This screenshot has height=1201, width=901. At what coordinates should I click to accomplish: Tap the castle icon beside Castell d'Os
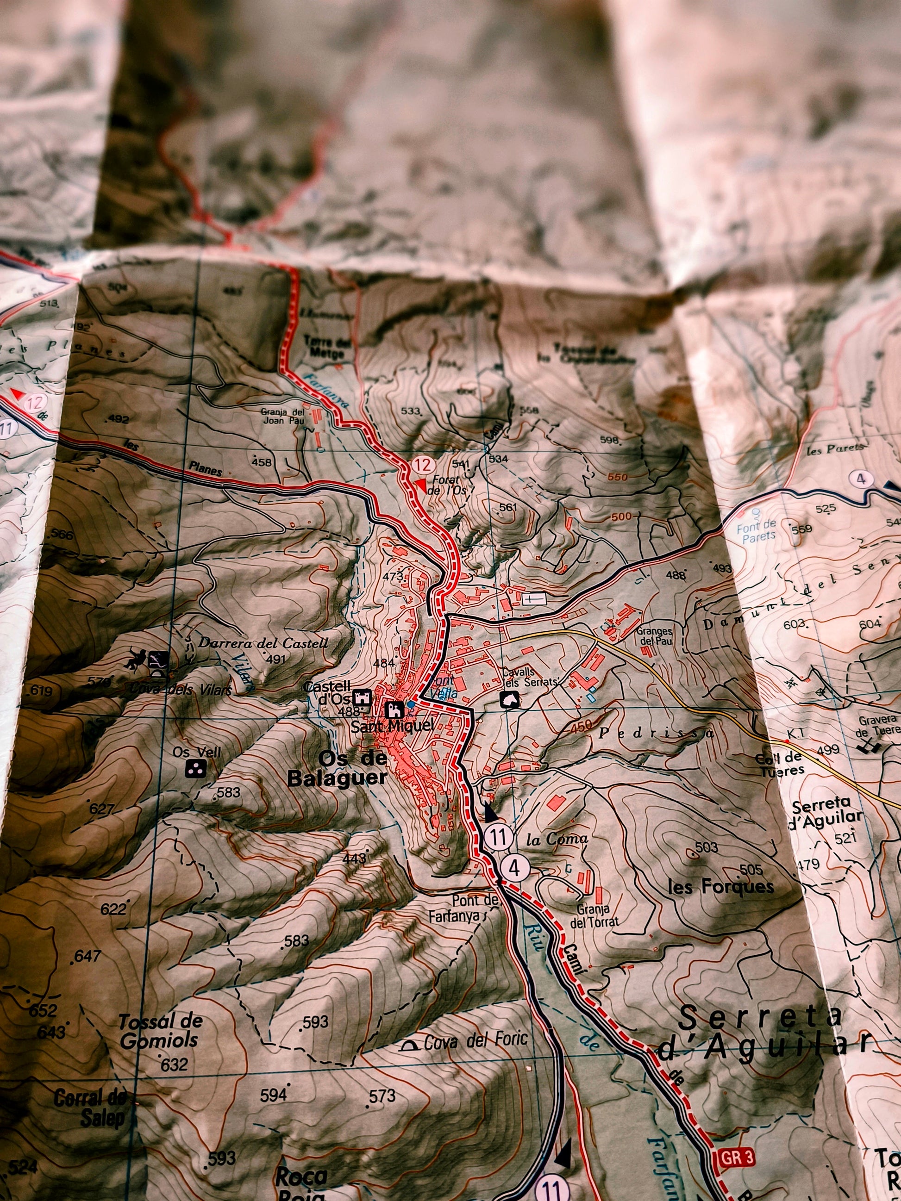(x=362, y=697)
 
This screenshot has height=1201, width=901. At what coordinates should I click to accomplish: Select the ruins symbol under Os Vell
(x=195, y=769)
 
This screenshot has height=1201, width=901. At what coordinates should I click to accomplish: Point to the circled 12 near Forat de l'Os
(x=423, y=465)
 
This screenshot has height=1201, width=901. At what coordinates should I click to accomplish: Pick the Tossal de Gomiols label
(x=160, y=1031)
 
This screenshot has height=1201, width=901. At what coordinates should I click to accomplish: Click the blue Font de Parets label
(x=756, y=530)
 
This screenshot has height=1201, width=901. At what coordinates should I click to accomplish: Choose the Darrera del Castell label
(x=263, y=643)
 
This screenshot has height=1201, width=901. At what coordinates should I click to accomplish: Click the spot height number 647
(x=87, y=956)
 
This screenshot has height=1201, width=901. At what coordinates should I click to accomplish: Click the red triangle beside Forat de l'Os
(x=420, y=485)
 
